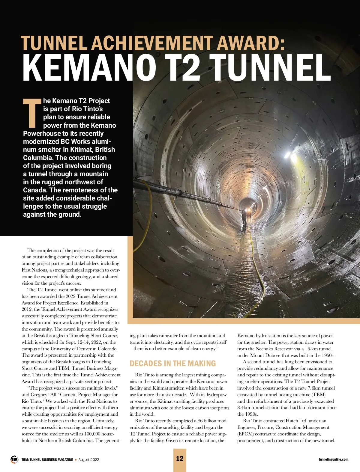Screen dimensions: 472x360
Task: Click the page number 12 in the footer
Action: (x=180, y=459)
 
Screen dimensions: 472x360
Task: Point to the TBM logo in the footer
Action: (x=14, y=459)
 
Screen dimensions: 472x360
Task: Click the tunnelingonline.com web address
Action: (x=333, y=459)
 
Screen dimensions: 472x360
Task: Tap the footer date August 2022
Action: (x=89, y=460)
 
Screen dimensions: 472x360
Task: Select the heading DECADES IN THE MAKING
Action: (x=172, y=364)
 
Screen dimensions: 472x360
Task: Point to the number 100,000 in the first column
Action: (x=93, y=434)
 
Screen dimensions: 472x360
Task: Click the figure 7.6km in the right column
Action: (x=314, y=388)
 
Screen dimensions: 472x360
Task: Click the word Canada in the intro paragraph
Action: (x=35, y=190)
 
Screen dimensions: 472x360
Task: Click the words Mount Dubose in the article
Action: (x=265, y=355)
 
